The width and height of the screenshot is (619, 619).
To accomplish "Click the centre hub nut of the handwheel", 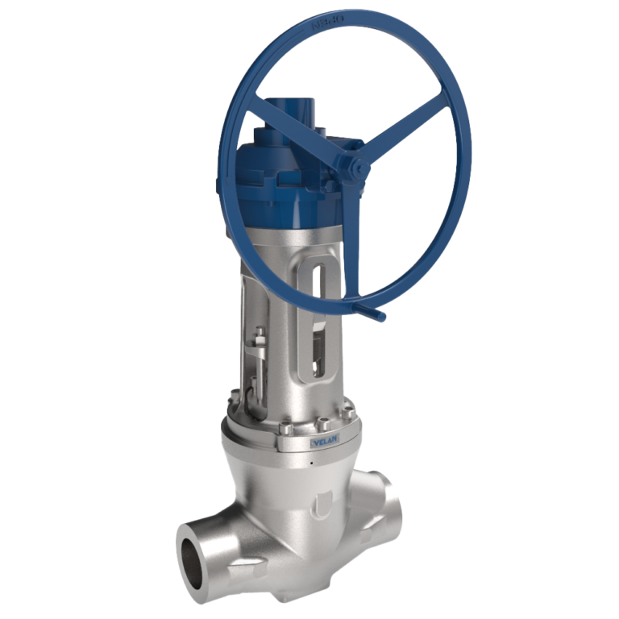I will pyautogui.click(x=354, y=168).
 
